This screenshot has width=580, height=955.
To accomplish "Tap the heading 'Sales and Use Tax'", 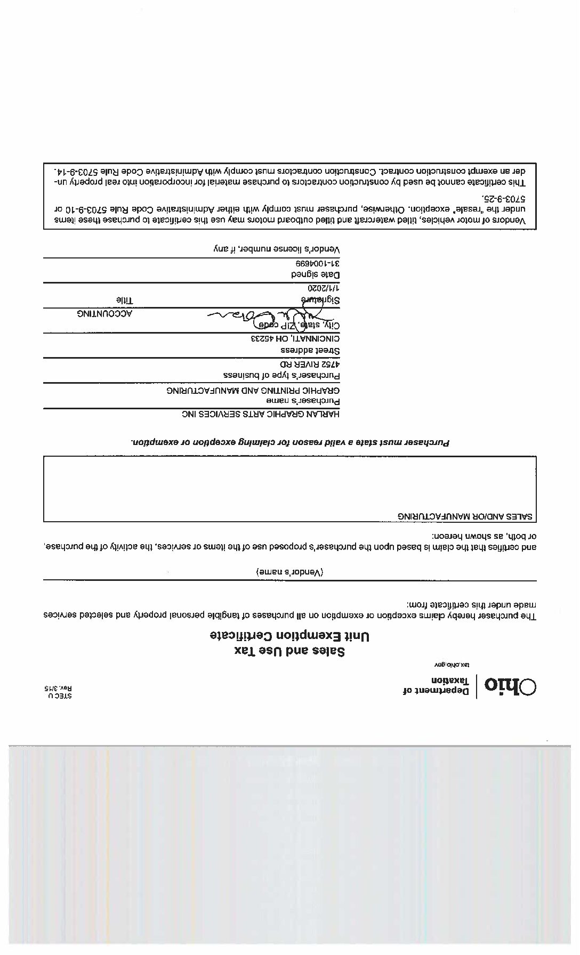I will (290, 651).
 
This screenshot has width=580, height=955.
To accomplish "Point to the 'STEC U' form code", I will (60, 695).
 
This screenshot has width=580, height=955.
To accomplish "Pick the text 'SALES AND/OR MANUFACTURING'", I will (466, 516).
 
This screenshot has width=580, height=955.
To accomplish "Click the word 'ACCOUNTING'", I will (104, 313).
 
